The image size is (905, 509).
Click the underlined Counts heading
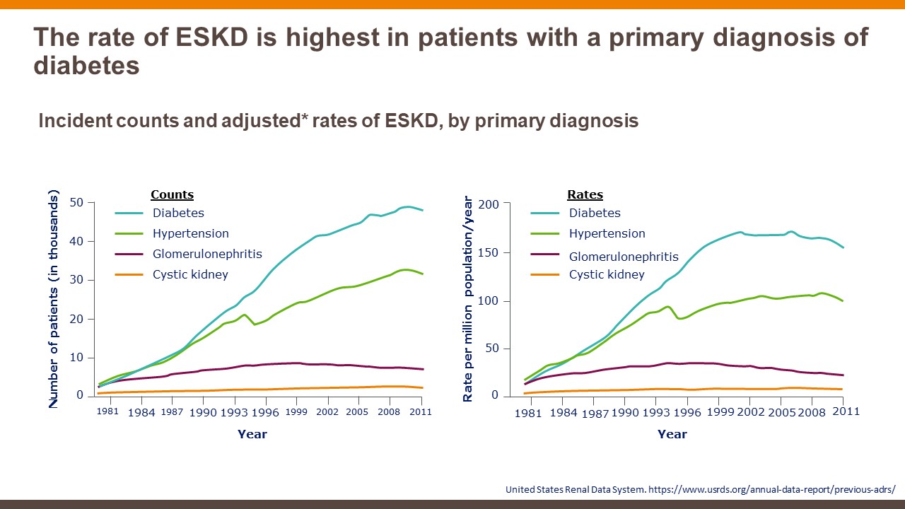[172, 195]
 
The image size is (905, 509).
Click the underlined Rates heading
[585, 195]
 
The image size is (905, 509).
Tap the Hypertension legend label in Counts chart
[191, 233]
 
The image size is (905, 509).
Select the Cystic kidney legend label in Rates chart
[607, 274]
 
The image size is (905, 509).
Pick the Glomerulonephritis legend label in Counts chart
[207, 254]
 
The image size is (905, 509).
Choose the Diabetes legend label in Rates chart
[595, 213]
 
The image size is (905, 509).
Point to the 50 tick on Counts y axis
[76, 203]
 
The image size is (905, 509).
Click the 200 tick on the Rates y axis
[490, 204]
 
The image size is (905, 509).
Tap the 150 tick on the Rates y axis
[490, 253]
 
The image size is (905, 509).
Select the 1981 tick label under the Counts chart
[107, 411]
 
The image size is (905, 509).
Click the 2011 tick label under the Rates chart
[846, 411]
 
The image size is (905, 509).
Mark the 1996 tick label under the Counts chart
[265, 412]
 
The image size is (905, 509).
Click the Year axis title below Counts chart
[252, 434]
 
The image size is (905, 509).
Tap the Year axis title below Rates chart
[672, 434]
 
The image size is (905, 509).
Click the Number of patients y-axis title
[54, 299]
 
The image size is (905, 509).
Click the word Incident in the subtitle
[74, 121]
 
